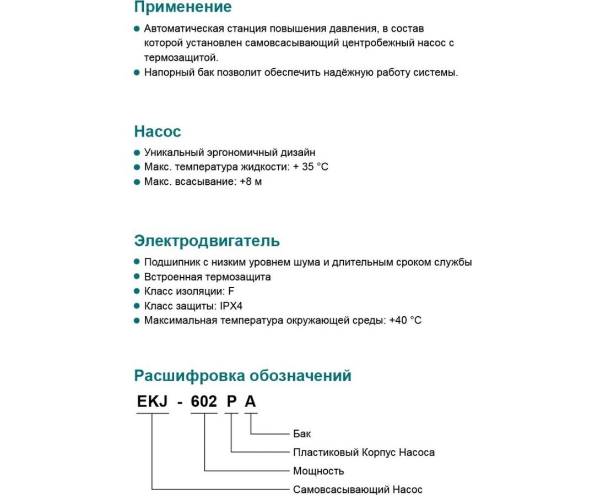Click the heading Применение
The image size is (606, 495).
183,7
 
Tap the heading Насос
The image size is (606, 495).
158,132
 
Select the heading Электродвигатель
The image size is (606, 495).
207,241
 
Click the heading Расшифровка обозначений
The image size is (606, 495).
242,376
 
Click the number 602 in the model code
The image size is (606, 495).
204,402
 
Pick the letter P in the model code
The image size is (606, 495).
231,402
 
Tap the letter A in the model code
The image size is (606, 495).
251,402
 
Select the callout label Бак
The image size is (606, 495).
302,433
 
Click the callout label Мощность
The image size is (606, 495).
318,471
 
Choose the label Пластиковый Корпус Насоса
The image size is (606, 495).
364,452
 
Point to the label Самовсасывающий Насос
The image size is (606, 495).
358,490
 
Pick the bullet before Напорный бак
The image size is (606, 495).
137,72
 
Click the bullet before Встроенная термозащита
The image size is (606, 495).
137,277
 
